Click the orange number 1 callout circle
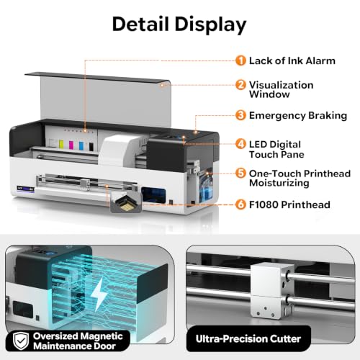click(x=240, y=60)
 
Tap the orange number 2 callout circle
click(x=240, y=85)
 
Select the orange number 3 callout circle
click(x=240, y=115)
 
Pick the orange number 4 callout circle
click(x=240, y=144)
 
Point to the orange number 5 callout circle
click(x=240, y=174)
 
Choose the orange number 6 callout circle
click(x=240, y=204)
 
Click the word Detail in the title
click(x=140, y=24)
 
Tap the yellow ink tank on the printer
click(x=61, y=143)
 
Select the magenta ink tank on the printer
click(x=71, y=145)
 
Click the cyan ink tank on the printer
click(x=81, y=145)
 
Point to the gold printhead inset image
click(x=126, y=204)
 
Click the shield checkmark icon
click(x=21, y=341)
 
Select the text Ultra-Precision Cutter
click(x=248, y=339)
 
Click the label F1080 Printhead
click(x=289, y=204)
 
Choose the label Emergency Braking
click(x=298, y=116)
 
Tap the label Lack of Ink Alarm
click(x=292, y=60)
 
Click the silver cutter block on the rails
click(x=272, y=290)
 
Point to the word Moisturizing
click(x=279, y=183)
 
